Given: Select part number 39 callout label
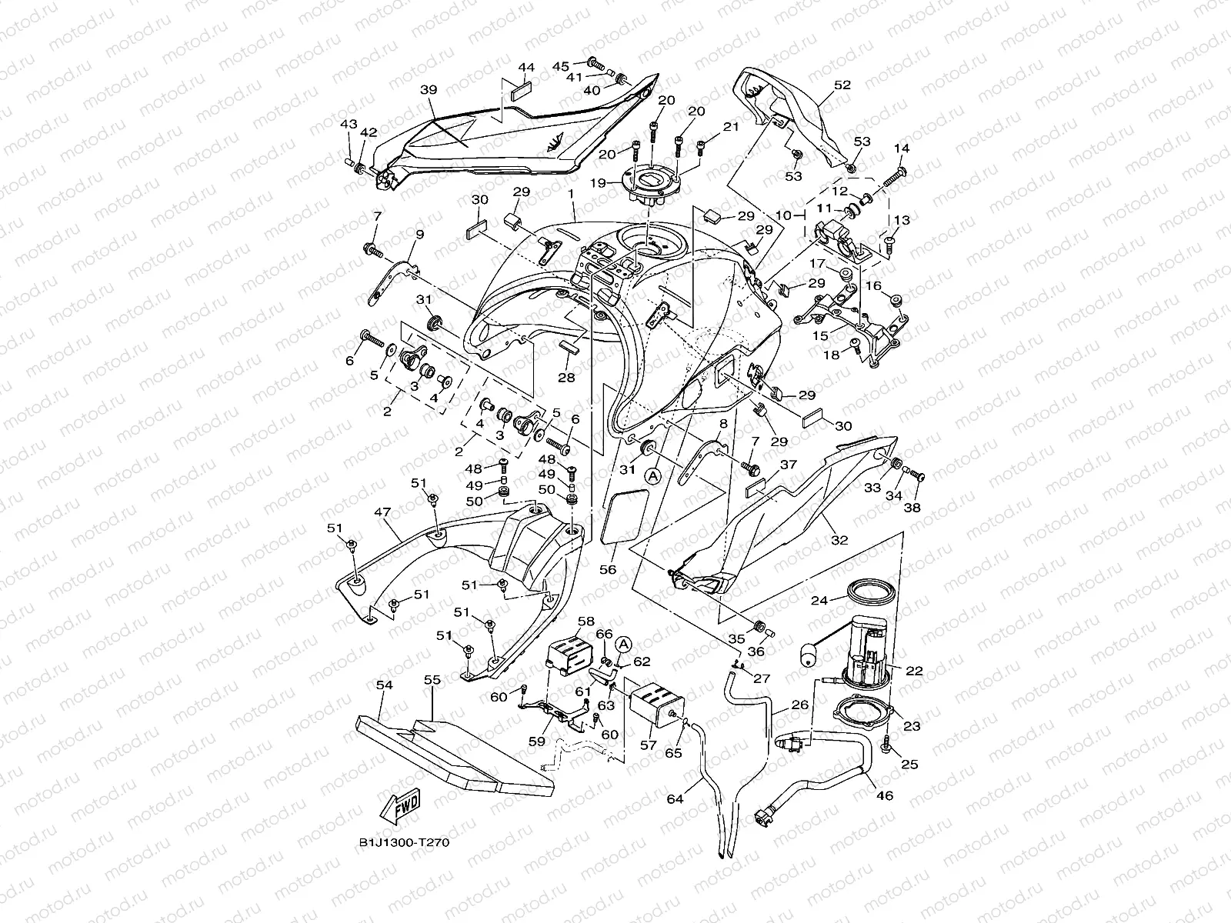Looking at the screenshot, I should [x=428, y=90].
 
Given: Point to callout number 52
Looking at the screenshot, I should [x=842, y=85].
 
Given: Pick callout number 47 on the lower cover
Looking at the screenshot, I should [x=382, y=511].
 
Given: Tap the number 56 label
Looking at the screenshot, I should [x=608, y=570].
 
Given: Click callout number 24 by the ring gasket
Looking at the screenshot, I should [x=819, y=601].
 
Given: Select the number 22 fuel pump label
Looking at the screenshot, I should [x=914, y=671].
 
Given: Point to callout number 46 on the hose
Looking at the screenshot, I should [x=885, y=795].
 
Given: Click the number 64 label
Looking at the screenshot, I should [x=675, y=800].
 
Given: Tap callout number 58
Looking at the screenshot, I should [x=585, y=621].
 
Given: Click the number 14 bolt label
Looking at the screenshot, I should [x=902, y=148].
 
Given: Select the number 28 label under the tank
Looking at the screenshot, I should [x=566, y=378].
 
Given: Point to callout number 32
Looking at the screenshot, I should [x=839, y=540].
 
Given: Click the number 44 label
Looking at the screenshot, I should [x=525, y=68].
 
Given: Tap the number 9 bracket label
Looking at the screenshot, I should [x=419, y=235].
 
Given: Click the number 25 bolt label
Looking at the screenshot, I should [x=911, y=764].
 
